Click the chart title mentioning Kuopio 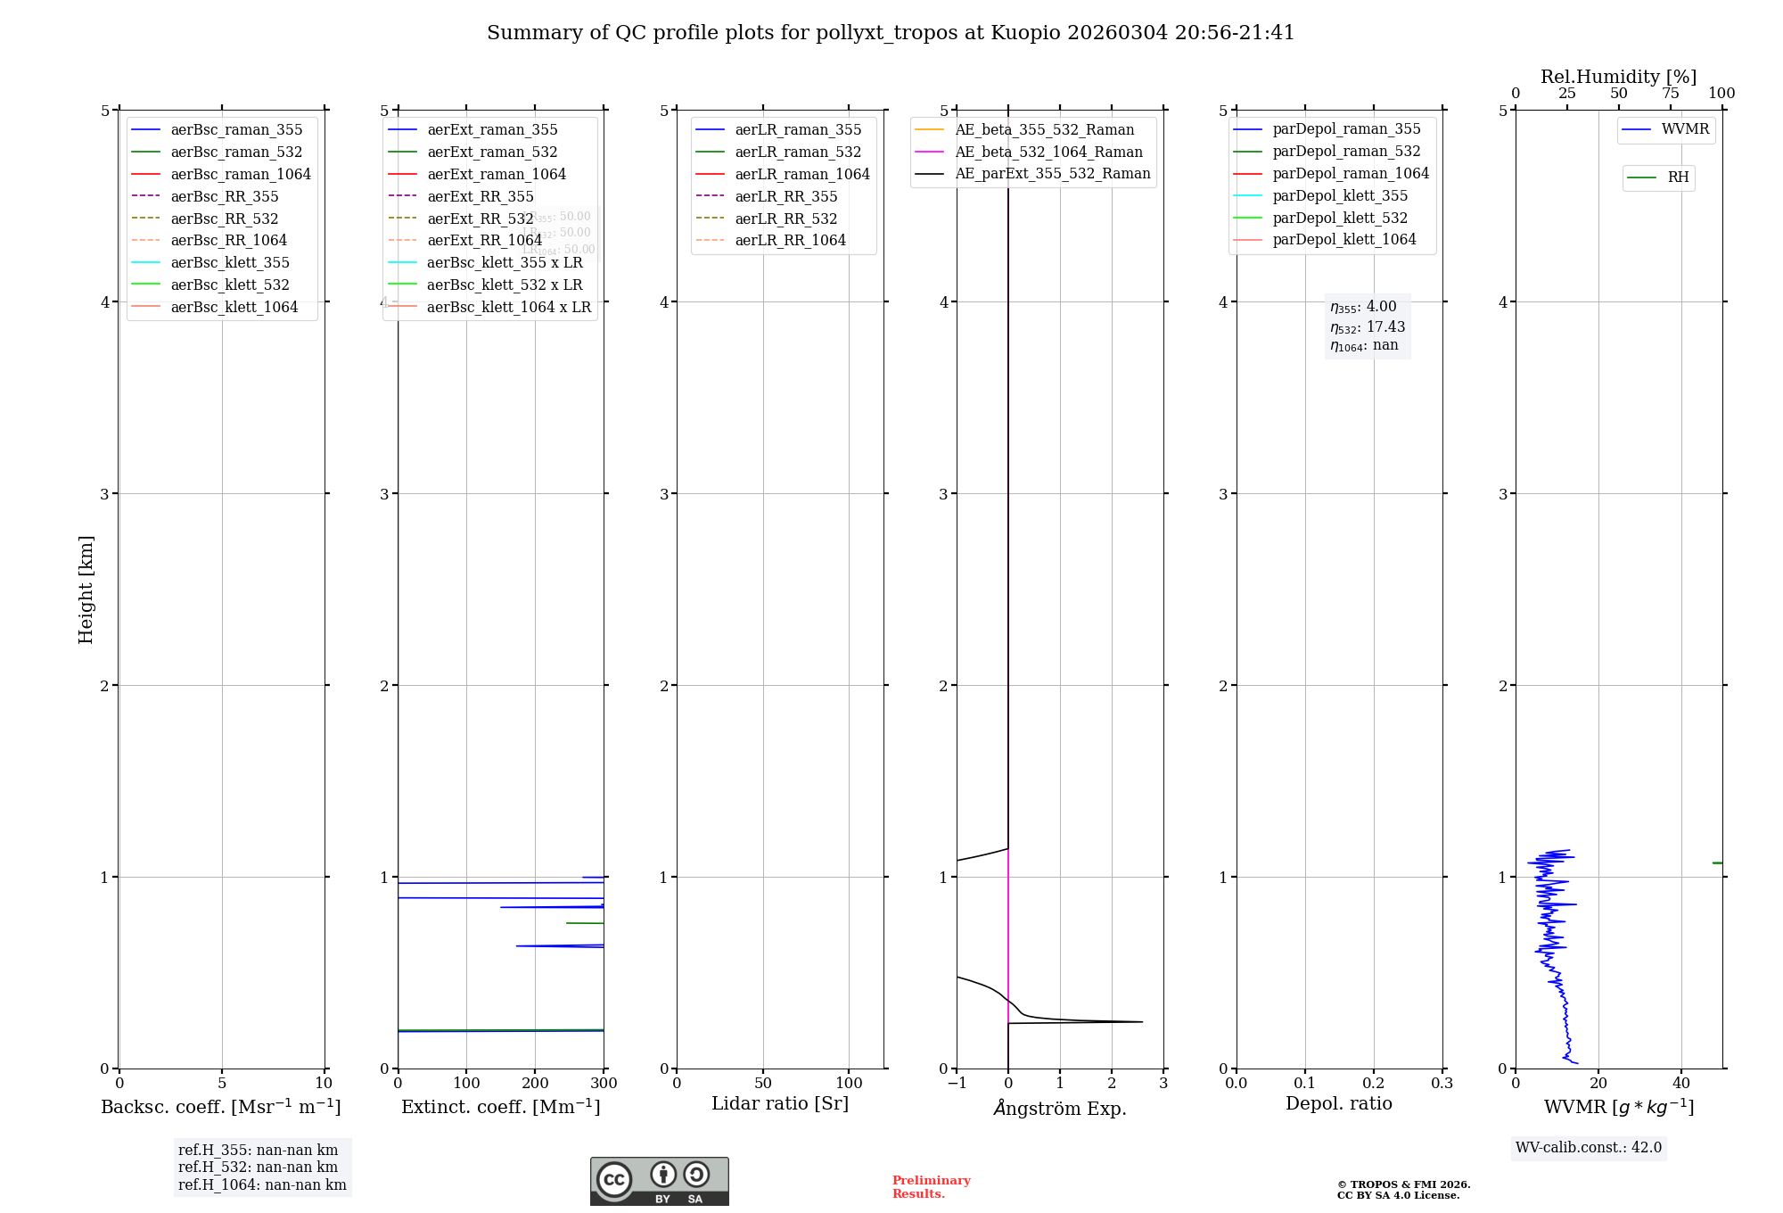tap(890, 33)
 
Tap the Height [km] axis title tap(86, 589)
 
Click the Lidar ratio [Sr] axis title tap(780, 1103)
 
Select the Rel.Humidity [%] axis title tap(1618, 77)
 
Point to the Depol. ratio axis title tap(1338, 1103)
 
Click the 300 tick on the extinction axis tap(604, 1084)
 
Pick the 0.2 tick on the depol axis tap(1374, 1084)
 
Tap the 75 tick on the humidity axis tap(1670, 94)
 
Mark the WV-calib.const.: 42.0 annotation tap(1589, 1147)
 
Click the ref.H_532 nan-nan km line tap(258, 1167)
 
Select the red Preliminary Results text tap(931, 1186)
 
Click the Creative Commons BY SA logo tap(659, 1181)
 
